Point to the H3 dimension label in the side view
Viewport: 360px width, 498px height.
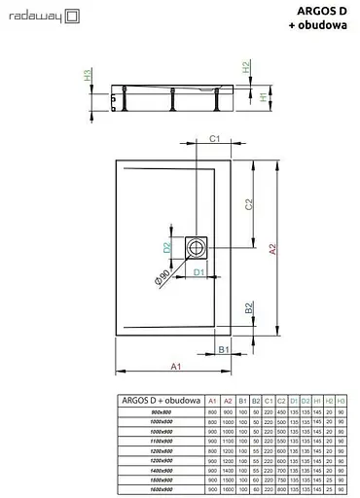(88, 74)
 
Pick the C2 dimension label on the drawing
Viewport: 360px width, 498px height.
(249, 204)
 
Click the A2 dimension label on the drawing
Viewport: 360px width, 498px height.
(273, 250)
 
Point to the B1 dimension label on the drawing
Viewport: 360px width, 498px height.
(222, 349)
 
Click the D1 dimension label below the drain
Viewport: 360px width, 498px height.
(198, 272)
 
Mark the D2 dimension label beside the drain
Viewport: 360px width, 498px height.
(166, 248)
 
